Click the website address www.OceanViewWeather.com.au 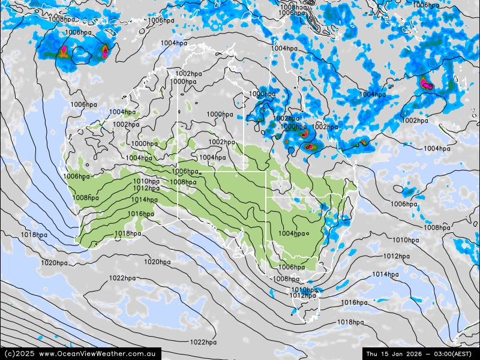click(x=100, y=354)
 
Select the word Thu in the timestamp click(x=373, y=354)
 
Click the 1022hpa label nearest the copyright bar click(x=203, y=343)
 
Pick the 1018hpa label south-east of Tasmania click(x=350, y=322)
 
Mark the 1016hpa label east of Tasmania click(x=354, y=303)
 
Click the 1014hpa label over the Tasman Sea click(x=385, y=275)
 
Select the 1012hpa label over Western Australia click(x=146, y=188)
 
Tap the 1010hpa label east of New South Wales click(x=406, y=240)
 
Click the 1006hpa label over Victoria click(x=292, y=267)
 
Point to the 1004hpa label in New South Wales click(x=292, y=234)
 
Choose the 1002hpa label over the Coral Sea click(x=415, y=121)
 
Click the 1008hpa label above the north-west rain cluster click(x=61, y=19)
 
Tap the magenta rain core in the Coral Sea click(x=426, y=83)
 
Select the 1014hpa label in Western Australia click(x=144, y=200)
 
